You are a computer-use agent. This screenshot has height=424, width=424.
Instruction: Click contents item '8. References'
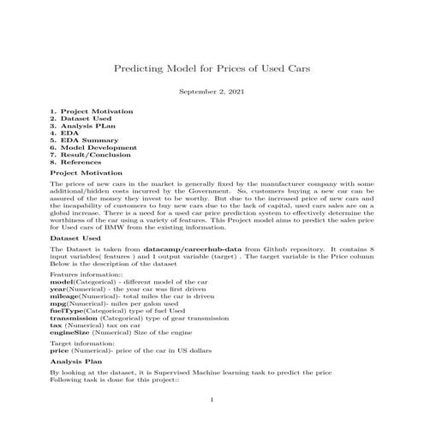76,161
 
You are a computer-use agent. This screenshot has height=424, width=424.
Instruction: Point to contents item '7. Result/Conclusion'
90,154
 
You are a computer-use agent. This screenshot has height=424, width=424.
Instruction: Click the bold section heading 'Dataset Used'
75,236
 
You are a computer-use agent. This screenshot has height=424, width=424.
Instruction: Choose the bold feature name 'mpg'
58,299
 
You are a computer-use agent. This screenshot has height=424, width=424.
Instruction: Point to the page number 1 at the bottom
212,400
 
